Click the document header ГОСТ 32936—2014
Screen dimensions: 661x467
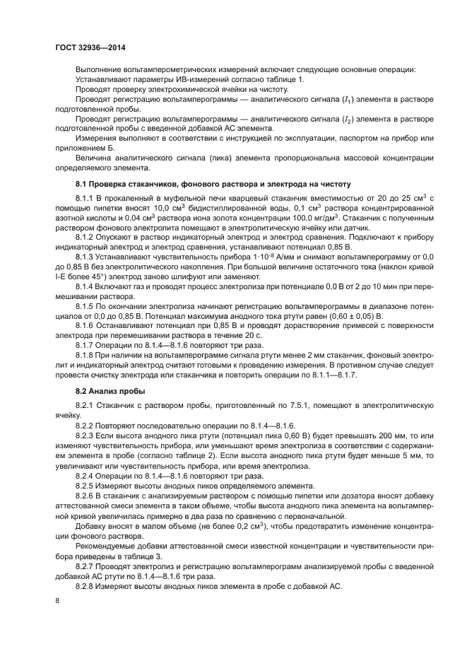(86, 47)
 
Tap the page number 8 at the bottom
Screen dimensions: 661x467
(57, 600)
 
